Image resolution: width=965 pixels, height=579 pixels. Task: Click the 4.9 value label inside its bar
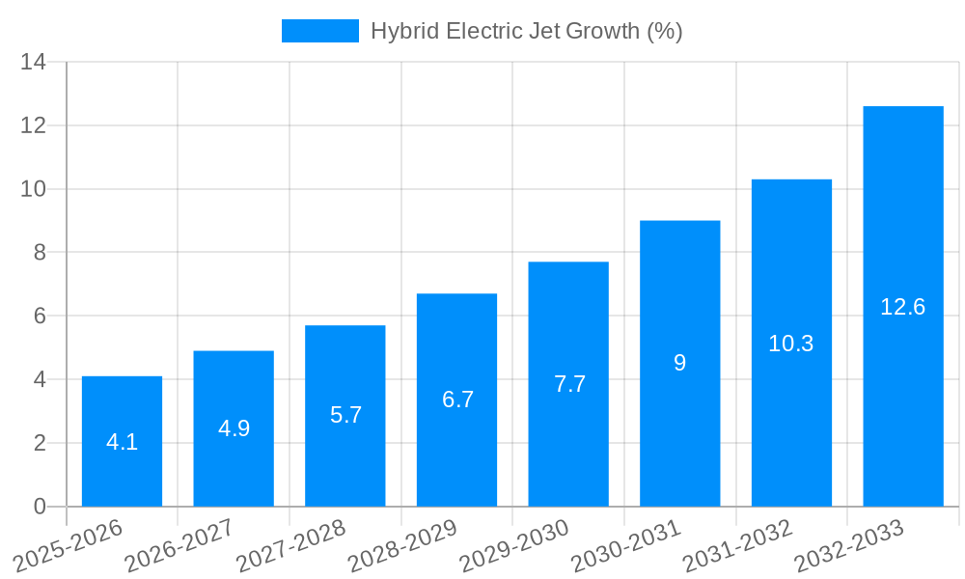[x=234, y=428]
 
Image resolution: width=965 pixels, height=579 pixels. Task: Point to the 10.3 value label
[x=791, y=344]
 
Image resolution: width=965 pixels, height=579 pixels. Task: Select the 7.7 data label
[x=569, y=384]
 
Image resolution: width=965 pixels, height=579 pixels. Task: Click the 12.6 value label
[x=903, y=307]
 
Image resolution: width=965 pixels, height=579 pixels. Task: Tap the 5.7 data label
[x=345, y=415]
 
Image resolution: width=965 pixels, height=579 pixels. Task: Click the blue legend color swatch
[x=319, y=31]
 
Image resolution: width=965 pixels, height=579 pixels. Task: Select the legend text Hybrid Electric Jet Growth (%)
[x=526, y=31]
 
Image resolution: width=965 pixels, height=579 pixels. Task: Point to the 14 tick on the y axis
[x=34, y=63]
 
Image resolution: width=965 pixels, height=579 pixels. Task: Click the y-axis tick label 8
[x=40, y=253]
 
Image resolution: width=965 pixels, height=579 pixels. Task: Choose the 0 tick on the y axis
[x=40, y=507]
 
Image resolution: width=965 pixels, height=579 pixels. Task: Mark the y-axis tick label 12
[x=34, y=126]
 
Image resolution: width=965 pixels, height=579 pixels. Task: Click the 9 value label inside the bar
[x=679, y=363]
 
